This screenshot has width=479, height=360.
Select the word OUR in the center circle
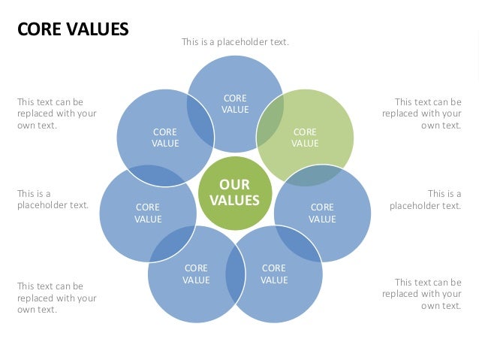(234, 185)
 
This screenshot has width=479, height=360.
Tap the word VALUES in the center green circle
(234, 200)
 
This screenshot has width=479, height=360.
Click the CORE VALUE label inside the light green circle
(305, 138)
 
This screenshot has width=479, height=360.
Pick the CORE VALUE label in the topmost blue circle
(235, 104)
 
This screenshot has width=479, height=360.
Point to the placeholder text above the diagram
(235, 42)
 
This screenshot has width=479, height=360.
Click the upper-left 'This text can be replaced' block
(57, 113)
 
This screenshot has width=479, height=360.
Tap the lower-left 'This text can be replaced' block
(57, 298)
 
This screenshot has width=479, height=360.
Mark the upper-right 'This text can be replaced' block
(422, 113)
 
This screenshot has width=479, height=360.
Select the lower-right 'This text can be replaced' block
(422, 294)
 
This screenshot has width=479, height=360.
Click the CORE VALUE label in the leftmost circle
(148, 213)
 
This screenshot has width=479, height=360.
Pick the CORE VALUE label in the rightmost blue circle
(322, 213)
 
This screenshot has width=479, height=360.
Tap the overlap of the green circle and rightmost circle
(315, 175)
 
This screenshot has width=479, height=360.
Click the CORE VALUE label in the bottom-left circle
(196, 274)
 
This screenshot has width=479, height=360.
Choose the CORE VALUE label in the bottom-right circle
(274, 274)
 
